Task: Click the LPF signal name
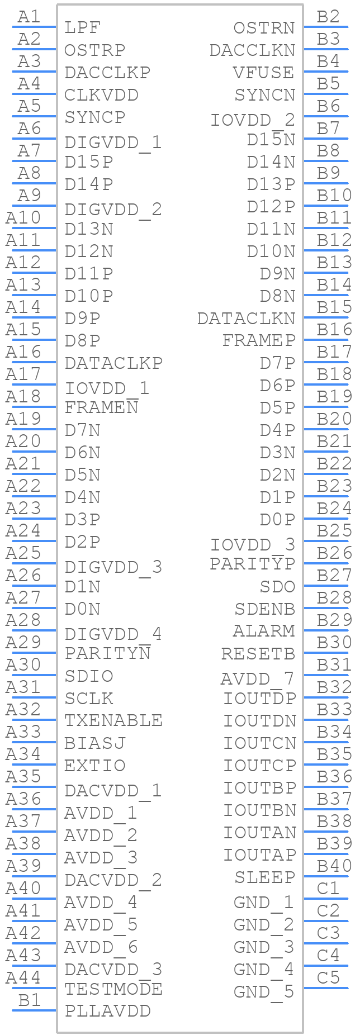pyautogui.click(x=83, y=27)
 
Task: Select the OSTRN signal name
pyautogui.click(x=264, y=27)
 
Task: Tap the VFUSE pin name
pyautogui.click(x=264, y=72)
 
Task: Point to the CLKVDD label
pyautogui.click(x=102, y=94)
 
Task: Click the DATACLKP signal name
pyautogui.click(x=114, y=363)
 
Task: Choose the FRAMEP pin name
pyautogui.click(x=259, y=340)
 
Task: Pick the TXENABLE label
pyautogui.click(x=114, y=720)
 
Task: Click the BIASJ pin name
pyautogui.click(x=96, y=743)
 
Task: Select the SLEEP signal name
pyautogui.click(x=264, y=877)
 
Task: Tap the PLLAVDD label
pyautogui.click(x=108, y=1011)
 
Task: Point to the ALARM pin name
pyautogui.click(x=264, y=631)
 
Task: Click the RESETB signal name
pyautogui.click(x=258, y=653)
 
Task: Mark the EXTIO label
pyautogui.click(x=96, y=765)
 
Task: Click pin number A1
pyautogui.click(x=29, y=17)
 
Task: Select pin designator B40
pyautogui.click(x=334, y=866)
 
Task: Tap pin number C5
pyautogui.click(x=328, y=977)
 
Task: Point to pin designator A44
pyautogui.click(x=23, y=977)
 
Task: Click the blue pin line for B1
pyautogui.click(x=34, y=1010)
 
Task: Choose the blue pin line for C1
pyautogui.click(x=325, y=899)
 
